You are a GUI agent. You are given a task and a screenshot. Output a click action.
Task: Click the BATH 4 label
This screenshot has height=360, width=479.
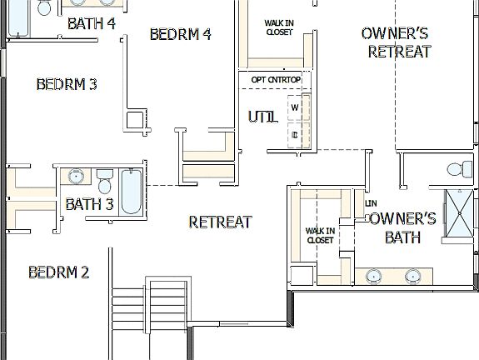pos(92,22)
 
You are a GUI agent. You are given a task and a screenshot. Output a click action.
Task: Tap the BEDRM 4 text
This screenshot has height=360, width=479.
pos(180,34)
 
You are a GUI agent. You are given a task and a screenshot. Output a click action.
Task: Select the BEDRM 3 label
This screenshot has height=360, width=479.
pos(67,84)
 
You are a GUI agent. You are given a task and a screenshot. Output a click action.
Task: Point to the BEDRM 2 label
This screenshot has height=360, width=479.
pos(58,272)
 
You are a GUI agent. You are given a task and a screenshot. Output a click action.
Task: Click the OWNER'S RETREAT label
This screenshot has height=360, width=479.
pos(396,42)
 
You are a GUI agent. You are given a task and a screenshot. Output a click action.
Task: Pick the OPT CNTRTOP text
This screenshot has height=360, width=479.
pos(276,79)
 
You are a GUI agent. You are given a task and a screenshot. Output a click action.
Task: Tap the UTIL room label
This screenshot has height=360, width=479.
pos(262,117)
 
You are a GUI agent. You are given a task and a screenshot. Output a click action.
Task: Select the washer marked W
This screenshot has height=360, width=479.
pos(295,107)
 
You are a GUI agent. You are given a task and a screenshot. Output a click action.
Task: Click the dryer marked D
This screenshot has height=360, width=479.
pos(295,133)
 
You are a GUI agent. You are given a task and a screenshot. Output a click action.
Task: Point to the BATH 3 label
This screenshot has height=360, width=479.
pos(89,203)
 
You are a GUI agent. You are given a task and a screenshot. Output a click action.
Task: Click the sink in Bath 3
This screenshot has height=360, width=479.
pos(76,177)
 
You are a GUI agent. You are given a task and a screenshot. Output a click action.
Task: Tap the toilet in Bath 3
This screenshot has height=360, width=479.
pos(104,180)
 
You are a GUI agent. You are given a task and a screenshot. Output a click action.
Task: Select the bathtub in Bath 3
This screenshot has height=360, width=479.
pos(131,192)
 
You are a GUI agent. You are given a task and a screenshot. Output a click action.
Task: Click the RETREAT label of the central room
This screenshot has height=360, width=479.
pos(220,222)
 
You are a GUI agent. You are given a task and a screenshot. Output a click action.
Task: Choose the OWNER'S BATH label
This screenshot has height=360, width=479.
pos(402,228)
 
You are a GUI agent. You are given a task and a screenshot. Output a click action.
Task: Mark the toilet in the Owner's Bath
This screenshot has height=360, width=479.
pos(457,170)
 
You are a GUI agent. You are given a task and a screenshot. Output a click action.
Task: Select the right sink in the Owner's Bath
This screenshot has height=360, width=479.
pos(412,276)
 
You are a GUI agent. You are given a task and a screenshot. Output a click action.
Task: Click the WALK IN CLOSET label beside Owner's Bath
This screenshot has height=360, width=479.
pos(320,235)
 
